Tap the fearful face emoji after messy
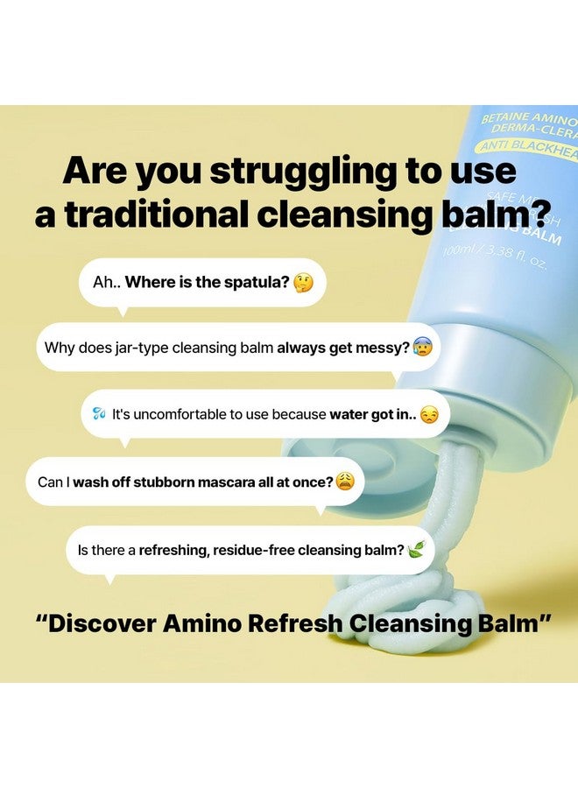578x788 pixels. (422, 347)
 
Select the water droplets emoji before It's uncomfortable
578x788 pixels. (99, 414)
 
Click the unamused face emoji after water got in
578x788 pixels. (428, 414)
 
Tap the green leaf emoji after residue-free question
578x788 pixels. (417, 550)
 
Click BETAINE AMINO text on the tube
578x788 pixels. (529, 118)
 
